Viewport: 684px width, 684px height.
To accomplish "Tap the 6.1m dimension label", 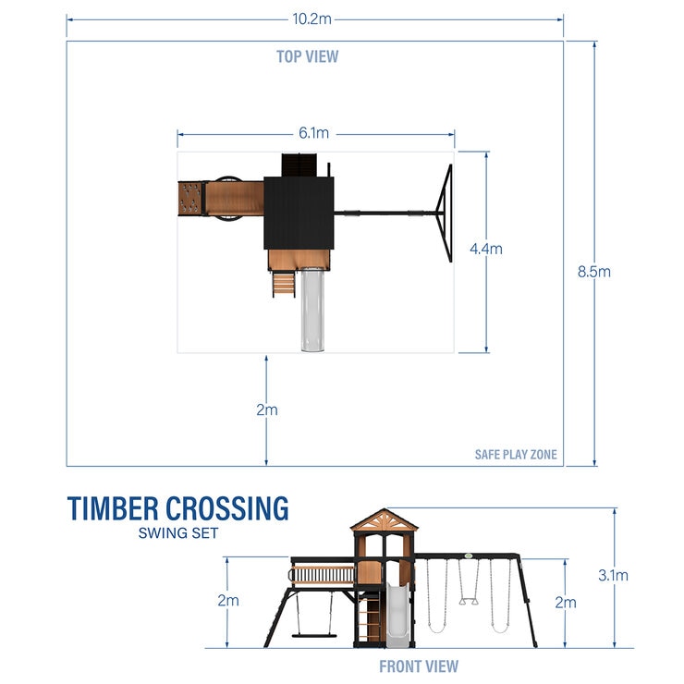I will [314, 134].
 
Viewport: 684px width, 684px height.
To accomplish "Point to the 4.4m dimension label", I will [486, 249].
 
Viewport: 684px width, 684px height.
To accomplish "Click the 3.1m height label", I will [613, 575].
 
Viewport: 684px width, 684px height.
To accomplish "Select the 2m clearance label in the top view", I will [266, 409].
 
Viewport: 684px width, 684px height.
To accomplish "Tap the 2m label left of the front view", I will [227, 600].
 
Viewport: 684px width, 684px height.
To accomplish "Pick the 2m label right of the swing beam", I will [565, 603].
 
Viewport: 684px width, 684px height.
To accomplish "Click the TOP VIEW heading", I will [307, 56].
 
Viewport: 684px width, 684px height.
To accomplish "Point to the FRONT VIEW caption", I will [418, 666].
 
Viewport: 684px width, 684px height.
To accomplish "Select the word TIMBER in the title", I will [112, 509].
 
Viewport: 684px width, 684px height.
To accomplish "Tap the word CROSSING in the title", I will [226, 509].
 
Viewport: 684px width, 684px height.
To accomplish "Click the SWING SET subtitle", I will [178, 532].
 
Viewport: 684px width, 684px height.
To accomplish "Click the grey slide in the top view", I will [309, 310].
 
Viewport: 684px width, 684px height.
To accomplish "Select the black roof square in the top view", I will [299, 213].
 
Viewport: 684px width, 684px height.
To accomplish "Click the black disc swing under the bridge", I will [311, 634].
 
